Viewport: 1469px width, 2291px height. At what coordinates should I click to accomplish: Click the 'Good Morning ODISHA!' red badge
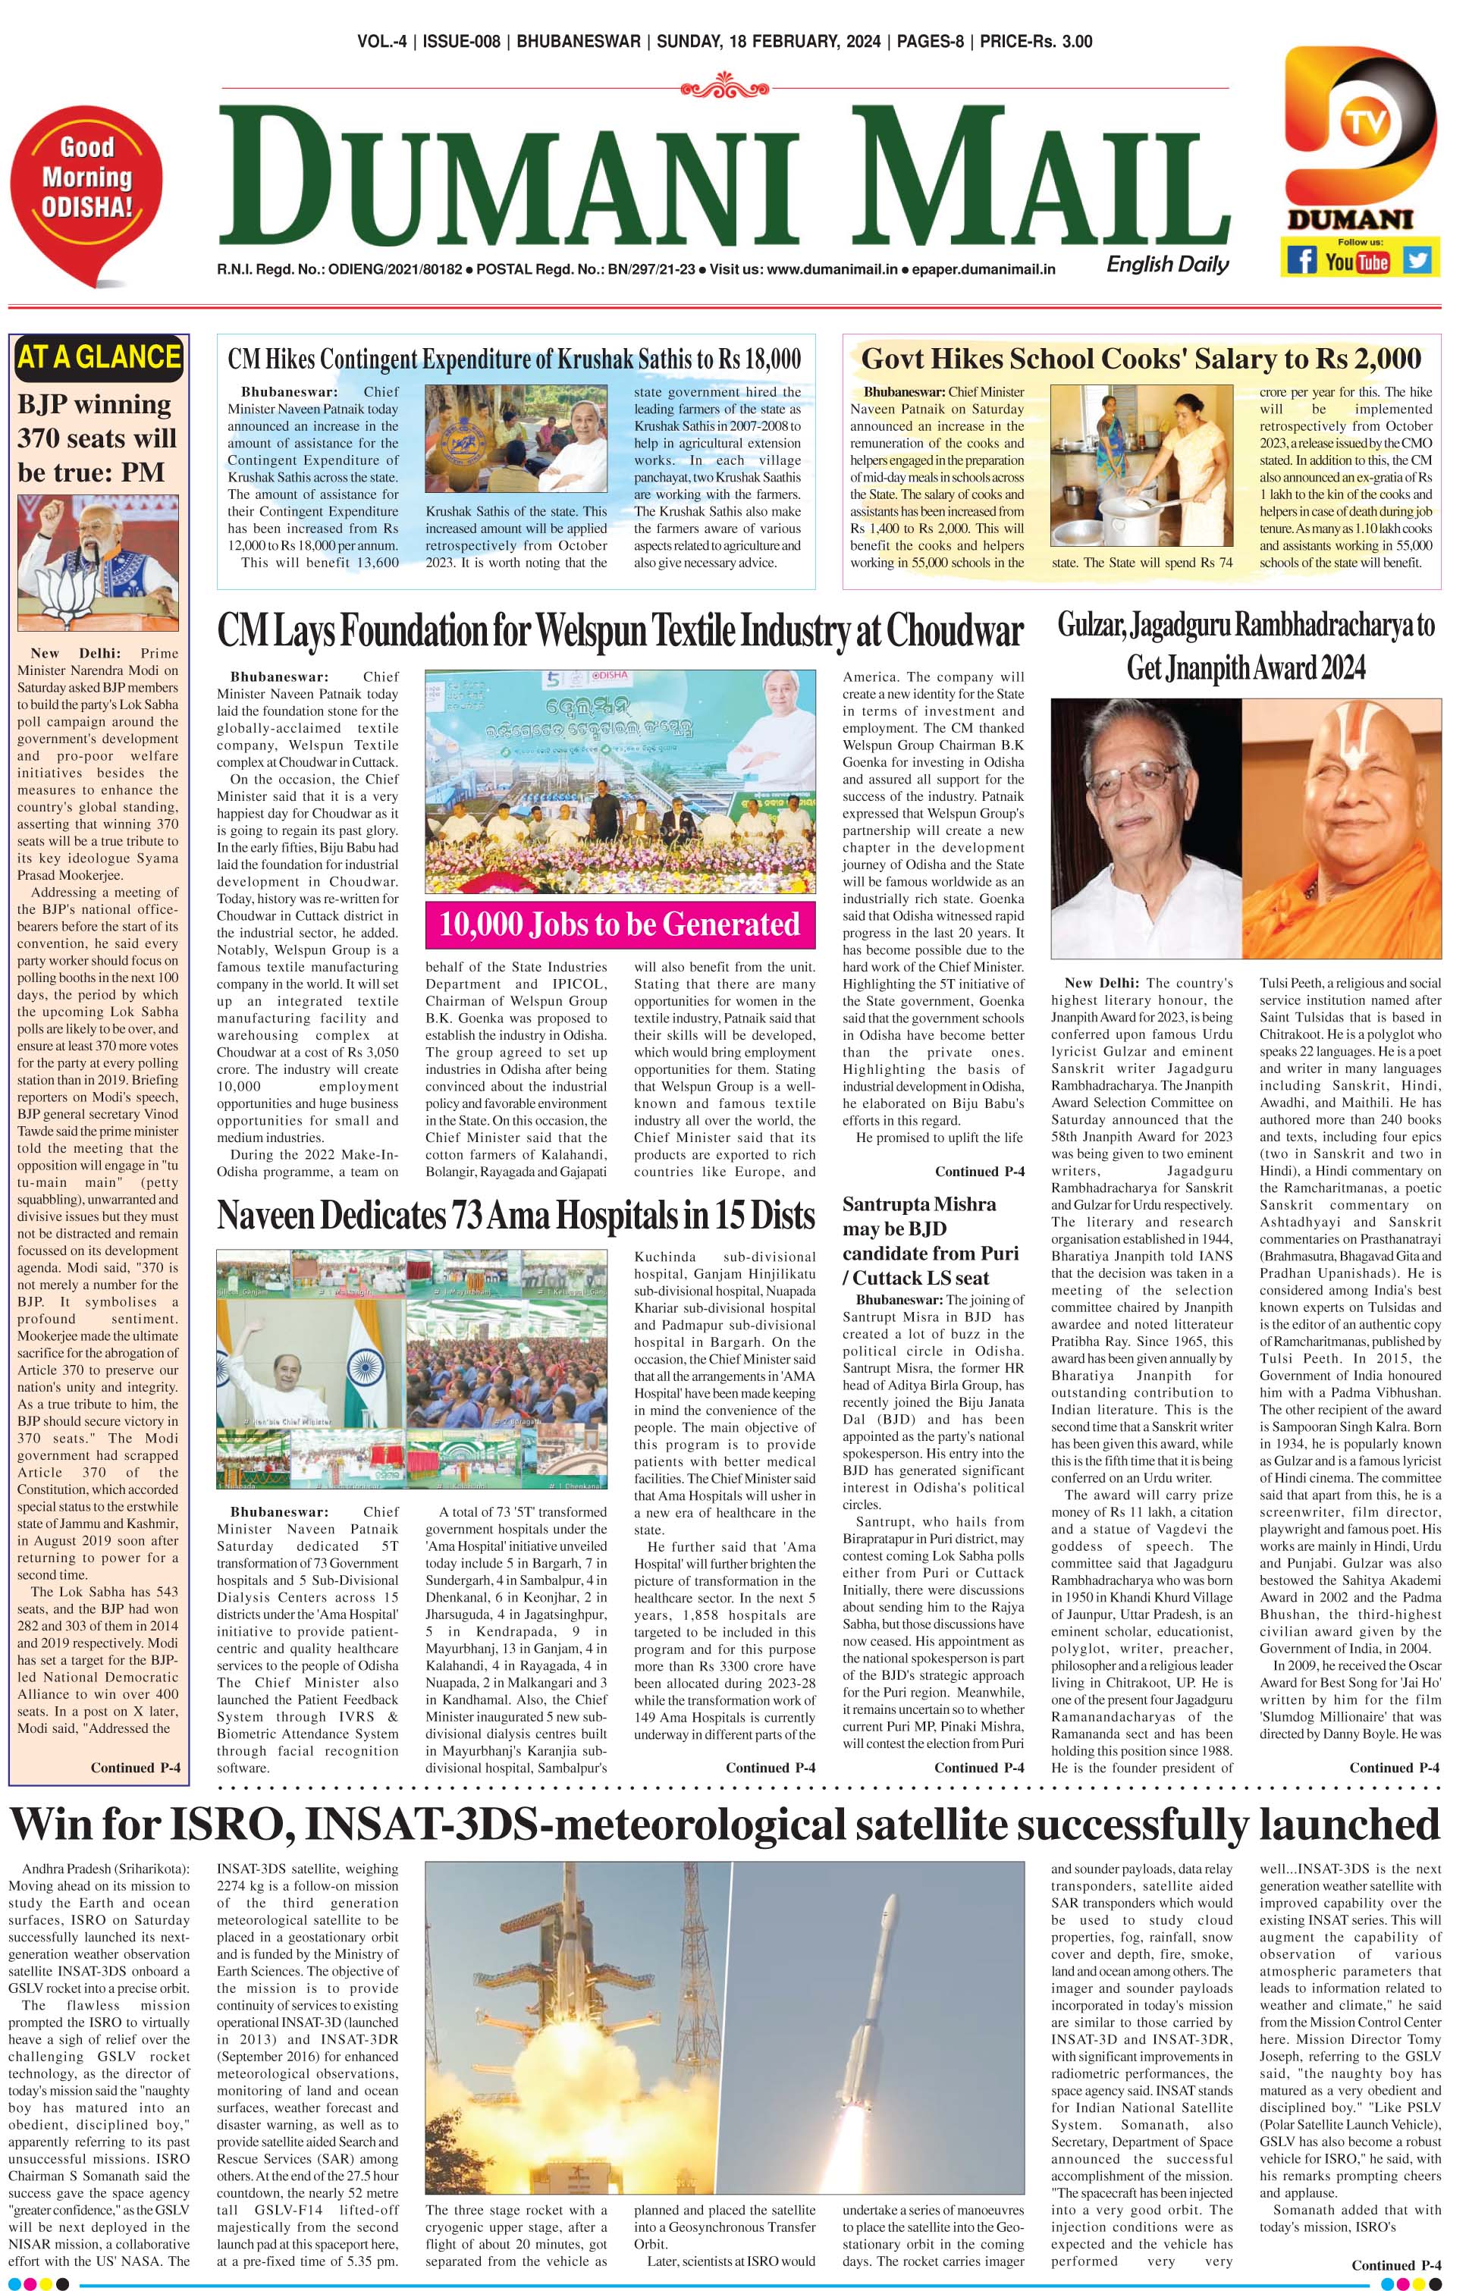point(86,179)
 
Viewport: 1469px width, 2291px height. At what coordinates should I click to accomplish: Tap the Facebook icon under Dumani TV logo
point(1302,259)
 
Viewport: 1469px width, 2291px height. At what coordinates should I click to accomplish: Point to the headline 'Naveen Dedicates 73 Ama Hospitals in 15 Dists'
point(515,1215)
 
